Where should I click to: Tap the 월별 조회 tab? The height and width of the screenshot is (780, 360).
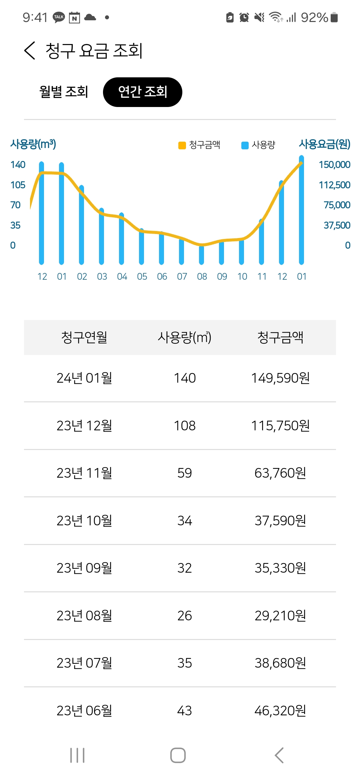64,92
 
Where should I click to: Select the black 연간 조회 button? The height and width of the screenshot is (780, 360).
143,92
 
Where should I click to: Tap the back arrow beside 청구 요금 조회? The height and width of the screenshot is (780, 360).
30,51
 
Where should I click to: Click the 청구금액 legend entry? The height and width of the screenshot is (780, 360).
200,145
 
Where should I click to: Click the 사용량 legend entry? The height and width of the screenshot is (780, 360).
259,145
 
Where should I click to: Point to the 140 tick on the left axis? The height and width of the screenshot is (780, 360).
18,165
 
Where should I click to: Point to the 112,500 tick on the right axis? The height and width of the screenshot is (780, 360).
334,185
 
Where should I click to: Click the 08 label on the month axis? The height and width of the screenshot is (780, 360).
202,277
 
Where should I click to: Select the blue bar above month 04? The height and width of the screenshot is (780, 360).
122,238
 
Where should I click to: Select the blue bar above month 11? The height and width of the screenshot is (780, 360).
262,242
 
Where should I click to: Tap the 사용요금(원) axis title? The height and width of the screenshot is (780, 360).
325,144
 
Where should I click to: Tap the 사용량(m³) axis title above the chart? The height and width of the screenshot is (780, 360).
33,144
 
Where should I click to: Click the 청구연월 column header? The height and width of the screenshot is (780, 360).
84,337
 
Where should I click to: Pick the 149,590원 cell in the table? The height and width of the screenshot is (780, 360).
280,378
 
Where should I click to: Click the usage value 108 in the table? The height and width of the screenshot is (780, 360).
185,426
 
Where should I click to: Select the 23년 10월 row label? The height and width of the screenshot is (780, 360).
84,521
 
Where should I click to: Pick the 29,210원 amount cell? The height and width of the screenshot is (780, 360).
280,616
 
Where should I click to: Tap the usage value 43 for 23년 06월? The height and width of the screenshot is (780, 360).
185,711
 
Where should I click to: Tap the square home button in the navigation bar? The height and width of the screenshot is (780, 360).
178,755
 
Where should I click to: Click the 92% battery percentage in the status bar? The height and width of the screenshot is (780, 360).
314,17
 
